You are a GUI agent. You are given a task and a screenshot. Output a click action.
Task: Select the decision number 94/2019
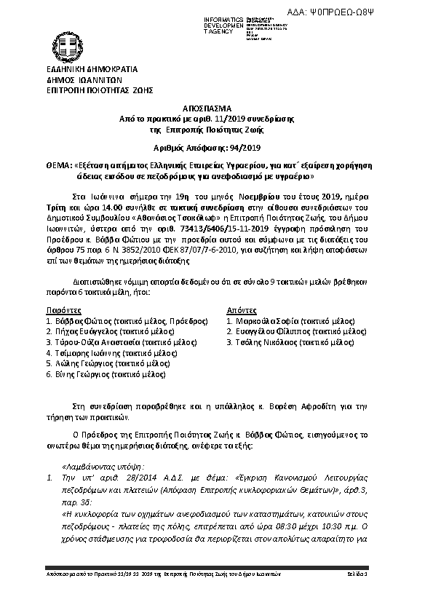[237, 146]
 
